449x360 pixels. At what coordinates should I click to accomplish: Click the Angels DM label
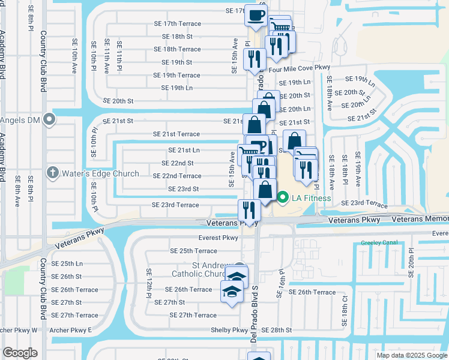click(20, 121)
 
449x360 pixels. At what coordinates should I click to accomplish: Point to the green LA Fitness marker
click(283, 197)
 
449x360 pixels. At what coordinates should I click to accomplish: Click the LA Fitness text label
click(311, 197)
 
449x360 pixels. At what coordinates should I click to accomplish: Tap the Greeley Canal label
click(379, 243)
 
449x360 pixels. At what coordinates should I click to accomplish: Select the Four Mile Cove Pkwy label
click(300, 68)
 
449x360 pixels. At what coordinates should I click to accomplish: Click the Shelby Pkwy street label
click(229, 330)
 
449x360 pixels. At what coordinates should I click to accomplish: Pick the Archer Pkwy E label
click(71, 330)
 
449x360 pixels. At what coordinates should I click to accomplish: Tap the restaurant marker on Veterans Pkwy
click(249, 209)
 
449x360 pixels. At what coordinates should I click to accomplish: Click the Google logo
click(20, 353)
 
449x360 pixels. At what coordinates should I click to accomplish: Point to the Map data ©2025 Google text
click(411, 355)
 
